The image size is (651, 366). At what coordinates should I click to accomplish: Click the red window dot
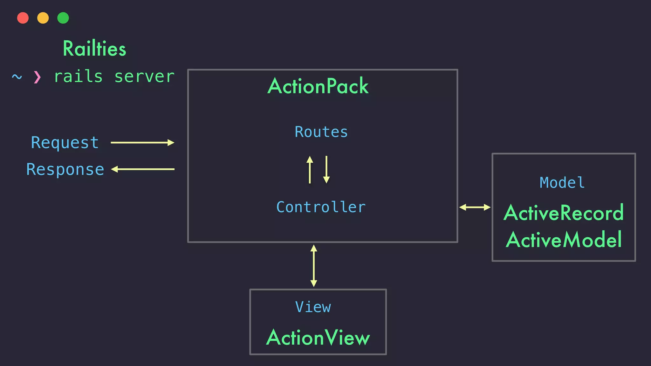click(x=23, y=18)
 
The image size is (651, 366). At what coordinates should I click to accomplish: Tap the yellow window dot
click(x=43, y=18)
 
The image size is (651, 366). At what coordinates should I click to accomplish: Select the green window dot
click(x=63, y=18)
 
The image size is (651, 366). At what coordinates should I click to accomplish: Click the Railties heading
click(x=94, y=49)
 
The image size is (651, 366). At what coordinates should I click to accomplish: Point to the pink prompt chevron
click(x=37, y=77)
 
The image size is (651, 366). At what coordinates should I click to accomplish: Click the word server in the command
click(x=144, y=77)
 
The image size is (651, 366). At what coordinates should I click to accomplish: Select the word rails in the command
click(x=78, y=77)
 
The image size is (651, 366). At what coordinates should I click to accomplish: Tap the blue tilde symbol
click(x=17, y=77)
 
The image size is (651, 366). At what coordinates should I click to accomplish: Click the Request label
click(x=65, y=143)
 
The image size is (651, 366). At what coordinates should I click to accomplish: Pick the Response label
click(x=65, y=169)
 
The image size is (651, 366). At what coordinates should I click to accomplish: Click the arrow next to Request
click(x=142, y=143)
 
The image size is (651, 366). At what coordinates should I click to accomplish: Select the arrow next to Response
click(x=143, y=169)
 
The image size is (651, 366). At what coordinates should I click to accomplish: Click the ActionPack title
click(x=318, y=86)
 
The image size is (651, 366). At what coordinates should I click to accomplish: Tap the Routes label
click(x=321, y=132)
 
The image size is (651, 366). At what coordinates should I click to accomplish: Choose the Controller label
click(x=321, y=207)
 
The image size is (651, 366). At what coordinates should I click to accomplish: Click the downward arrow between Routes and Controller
click(x=326, y=169)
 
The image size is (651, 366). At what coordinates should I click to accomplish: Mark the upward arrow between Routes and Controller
click(x=310, y=169)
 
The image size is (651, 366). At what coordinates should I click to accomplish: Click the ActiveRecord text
click(x=564, y=213)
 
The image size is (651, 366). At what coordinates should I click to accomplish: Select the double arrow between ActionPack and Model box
click(x=475, y=207)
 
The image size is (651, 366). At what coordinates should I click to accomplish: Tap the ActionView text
click(x=318, y=337)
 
